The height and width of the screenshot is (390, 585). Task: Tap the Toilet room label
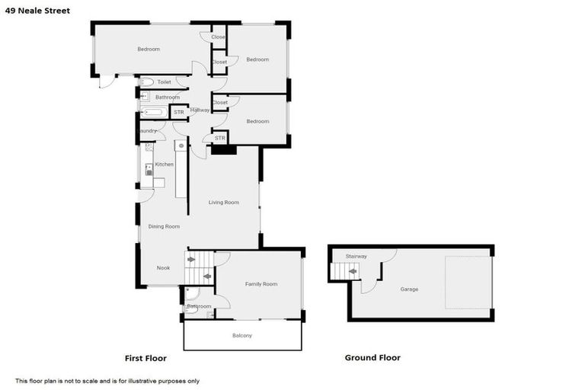point(165,82)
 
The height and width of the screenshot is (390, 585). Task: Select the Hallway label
point(200,110)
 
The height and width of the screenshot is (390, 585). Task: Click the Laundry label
point(147,131)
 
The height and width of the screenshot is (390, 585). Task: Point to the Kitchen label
point(165,165)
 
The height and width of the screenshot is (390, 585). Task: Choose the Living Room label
point(224,203)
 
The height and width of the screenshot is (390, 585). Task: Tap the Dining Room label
point(164,226)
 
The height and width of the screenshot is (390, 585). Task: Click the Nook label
point(163,268)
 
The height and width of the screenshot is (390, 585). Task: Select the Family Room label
point(261,284)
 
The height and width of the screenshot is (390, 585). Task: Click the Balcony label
point(241,336)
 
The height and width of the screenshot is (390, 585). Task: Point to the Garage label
point(409,289)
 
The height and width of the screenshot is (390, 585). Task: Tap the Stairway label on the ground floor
point(356,256)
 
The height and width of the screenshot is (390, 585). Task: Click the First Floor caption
point(145,358)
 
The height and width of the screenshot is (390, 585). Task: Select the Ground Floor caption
point(372,358)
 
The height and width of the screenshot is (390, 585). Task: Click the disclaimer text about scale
point(107,381)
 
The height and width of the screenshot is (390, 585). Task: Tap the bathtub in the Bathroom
point(154,113)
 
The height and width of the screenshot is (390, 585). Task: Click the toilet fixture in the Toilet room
point(147,82)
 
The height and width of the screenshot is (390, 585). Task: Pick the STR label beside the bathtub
point(179,113)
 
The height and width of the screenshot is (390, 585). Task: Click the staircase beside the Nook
point(199,268)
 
